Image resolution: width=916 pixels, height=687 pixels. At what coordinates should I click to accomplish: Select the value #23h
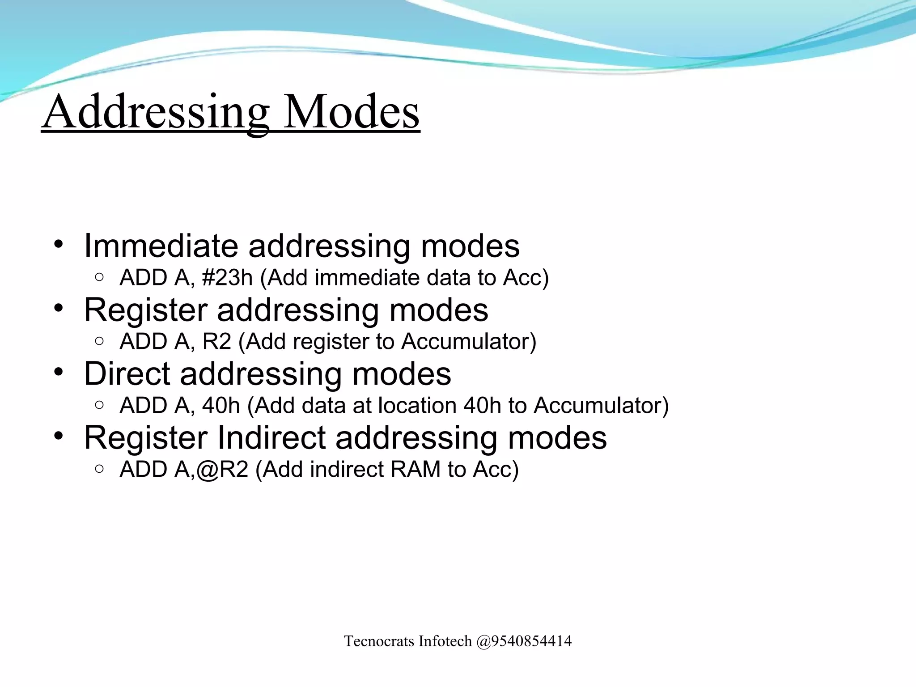tap(227, 278)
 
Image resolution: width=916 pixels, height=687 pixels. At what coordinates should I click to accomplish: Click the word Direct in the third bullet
tap(127, 373)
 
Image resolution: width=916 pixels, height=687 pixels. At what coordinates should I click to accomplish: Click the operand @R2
tap(222, 470)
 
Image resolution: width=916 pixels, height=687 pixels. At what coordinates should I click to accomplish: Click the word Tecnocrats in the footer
tap(379, 641)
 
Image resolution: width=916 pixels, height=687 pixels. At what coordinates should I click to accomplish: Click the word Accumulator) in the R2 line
tap(468, 342)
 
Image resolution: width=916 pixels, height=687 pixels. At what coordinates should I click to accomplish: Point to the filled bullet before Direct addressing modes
tap(59, 372)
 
